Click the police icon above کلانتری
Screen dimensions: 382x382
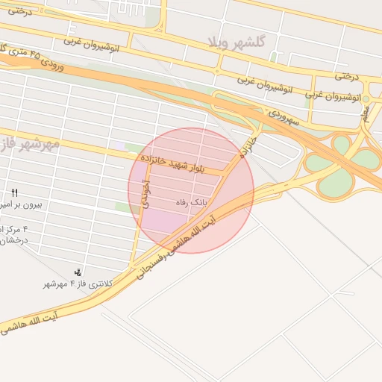click(78, 272)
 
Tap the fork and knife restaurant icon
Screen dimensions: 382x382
click(14, 192)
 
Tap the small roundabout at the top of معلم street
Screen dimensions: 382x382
click(366, 98)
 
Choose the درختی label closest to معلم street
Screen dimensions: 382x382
click(343, 75)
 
